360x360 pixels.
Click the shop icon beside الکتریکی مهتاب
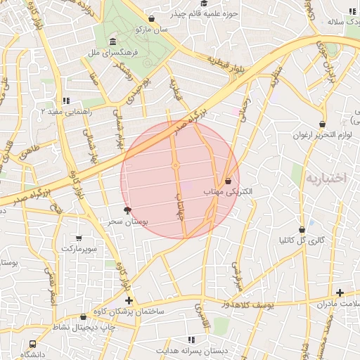(x=228, y=181)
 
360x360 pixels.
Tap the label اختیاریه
(x=326, y=178)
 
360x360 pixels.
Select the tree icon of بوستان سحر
(x=127, y=210)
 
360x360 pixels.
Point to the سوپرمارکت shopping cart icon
(x=78, y=238)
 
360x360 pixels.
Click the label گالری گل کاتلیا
(x=302, y=240)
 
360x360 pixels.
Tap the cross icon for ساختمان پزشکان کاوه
(x=129, y=300)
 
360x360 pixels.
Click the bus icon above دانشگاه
(x=33, y=344)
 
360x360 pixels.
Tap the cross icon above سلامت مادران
(x=340, y=292)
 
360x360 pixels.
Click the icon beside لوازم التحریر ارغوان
(x=322, y=124)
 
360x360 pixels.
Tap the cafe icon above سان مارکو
(x=152, y=19)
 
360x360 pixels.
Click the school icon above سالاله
(x=351, y=11)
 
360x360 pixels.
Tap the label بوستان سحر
(x=126, y=221)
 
